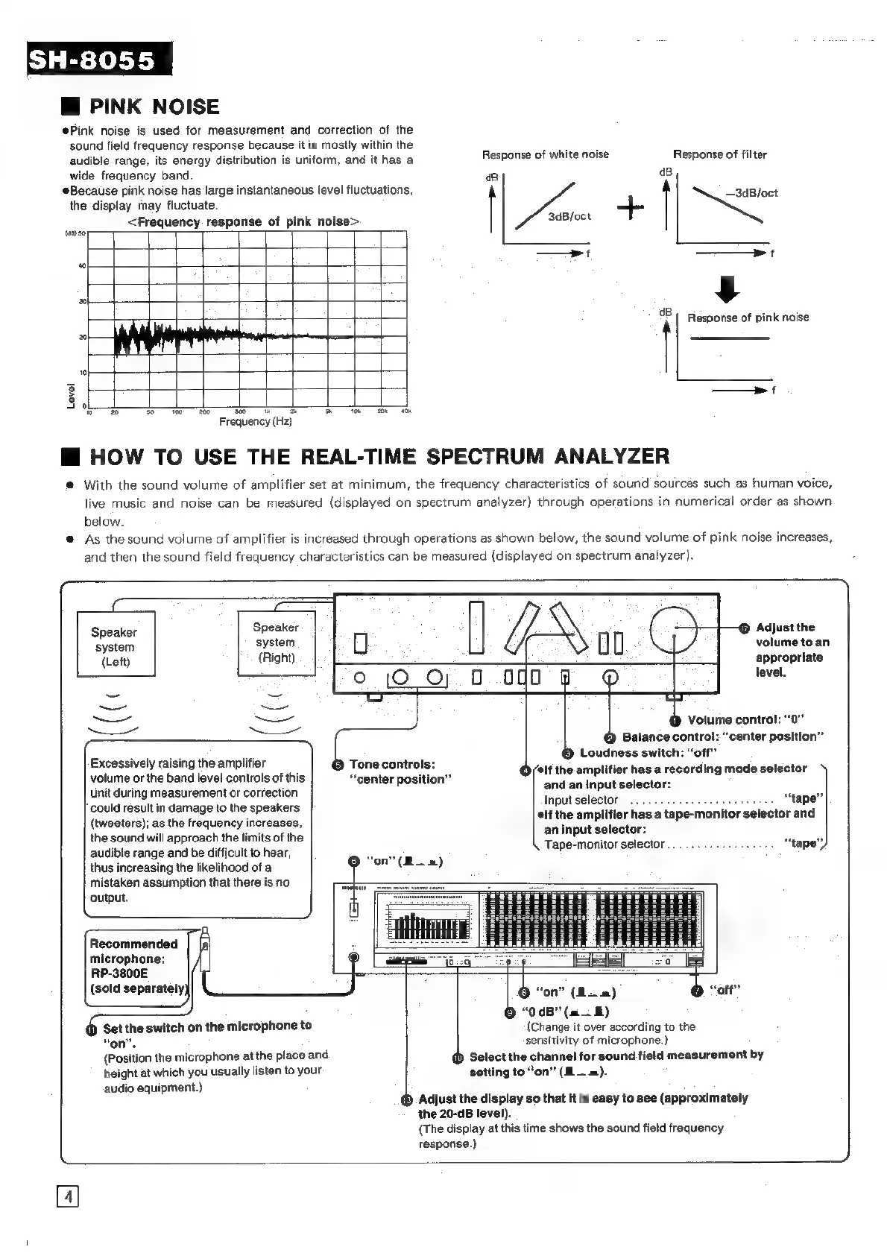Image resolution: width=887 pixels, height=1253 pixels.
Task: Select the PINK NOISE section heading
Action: [x=154, y=107]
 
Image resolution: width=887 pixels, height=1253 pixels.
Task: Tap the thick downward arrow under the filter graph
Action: [x=730, y=288]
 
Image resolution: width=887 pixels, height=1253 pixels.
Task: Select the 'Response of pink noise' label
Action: [x=748, y=318]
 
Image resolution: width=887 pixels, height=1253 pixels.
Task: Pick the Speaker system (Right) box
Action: [x=276, y=642]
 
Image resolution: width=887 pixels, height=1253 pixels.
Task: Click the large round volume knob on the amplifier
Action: [x=673, y=629]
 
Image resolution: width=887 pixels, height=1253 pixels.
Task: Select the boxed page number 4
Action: [x=67, y=1198]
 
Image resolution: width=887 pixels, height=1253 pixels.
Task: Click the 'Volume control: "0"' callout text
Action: [x=745, y=720]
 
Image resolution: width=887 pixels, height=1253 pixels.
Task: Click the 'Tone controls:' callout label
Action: [x=392, y=765]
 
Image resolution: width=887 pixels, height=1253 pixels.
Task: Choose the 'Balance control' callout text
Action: [x=722, y=737]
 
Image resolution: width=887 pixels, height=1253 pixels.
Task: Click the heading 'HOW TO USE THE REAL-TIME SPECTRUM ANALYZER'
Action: [x=379, y=456]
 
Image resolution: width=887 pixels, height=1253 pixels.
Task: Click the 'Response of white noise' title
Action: [x=545, y=154]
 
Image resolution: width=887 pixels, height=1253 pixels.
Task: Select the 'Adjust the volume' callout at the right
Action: [x=792, y=649]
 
